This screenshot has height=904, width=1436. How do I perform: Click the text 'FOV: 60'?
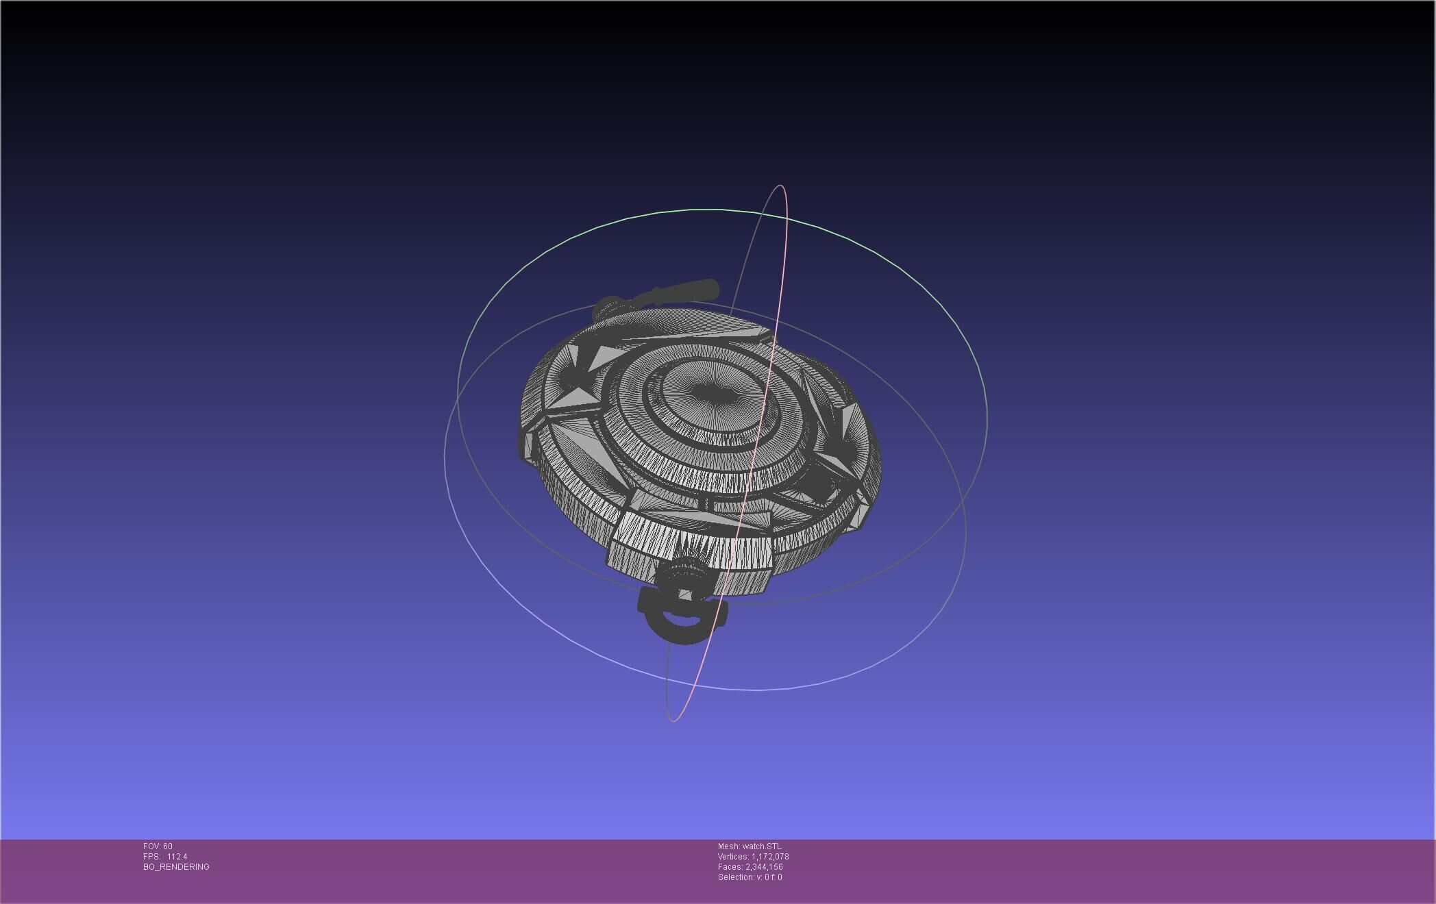tap(158, 846)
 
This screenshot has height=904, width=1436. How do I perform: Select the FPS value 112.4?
tap(177, 857)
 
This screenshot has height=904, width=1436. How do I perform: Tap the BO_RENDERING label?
tap(176, 867)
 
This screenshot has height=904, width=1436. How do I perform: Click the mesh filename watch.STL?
tap(761, 846)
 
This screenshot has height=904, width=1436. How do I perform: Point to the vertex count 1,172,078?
tap(770, 857)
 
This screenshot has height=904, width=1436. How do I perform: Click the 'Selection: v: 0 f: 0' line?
tap(750, 877)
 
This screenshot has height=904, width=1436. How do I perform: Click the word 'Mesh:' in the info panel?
tap(728, 846)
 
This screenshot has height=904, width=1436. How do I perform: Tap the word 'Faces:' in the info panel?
tap(730, 867)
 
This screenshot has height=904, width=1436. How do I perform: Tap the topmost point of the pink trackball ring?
tap(780, 186)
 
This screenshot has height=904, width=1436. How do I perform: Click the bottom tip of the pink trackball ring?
tap(673, 720)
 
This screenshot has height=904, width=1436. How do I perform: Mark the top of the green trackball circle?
tap(713, 210)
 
